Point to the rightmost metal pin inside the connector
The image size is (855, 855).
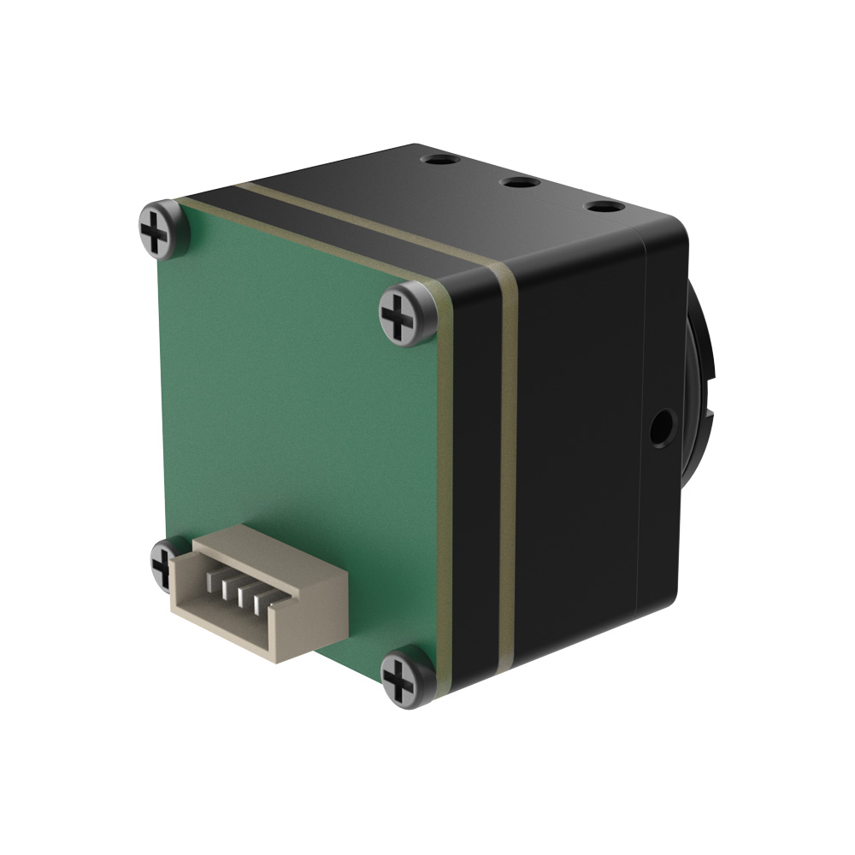255,601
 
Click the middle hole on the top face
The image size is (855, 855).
519,182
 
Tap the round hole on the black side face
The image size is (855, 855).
660,427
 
